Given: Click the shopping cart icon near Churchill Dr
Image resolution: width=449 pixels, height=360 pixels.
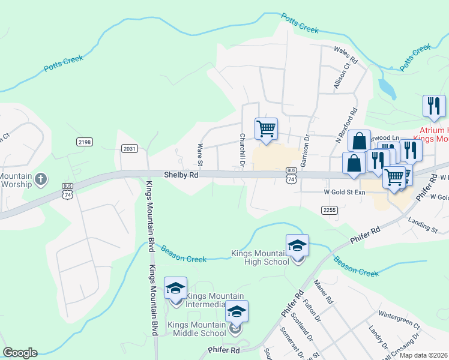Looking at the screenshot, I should (x=266, y=129).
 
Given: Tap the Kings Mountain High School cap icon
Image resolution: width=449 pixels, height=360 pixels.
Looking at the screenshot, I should (x=297, y=246).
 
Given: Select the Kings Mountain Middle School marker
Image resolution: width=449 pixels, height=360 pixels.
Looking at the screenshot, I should (x=237, y=313).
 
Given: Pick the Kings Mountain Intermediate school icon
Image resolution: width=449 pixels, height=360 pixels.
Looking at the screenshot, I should (x=175, y=289).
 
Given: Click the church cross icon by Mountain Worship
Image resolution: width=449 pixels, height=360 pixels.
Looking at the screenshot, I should (x=40, y=179).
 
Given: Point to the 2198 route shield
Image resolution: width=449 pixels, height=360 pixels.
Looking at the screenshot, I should (x=85, y=142).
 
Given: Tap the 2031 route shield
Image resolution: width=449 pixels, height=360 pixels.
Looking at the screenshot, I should (x=130, y=148).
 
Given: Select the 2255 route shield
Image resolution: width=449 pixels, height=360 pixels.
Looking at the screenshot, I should (x=329, y=209).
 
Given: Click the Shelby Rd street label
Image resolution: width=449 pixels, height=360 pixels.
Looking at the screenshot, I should (x=181, y=175).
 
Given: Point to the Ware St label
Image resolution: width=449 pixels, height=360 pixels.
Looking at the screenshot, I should (x=200, y=155).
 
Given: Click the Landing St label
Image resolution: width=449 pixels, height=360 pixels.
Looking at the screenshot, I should (x=423, y=226).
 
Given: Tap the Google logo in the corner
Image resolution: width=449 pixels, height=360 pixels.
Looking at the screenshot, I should (x=20, y=353).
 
